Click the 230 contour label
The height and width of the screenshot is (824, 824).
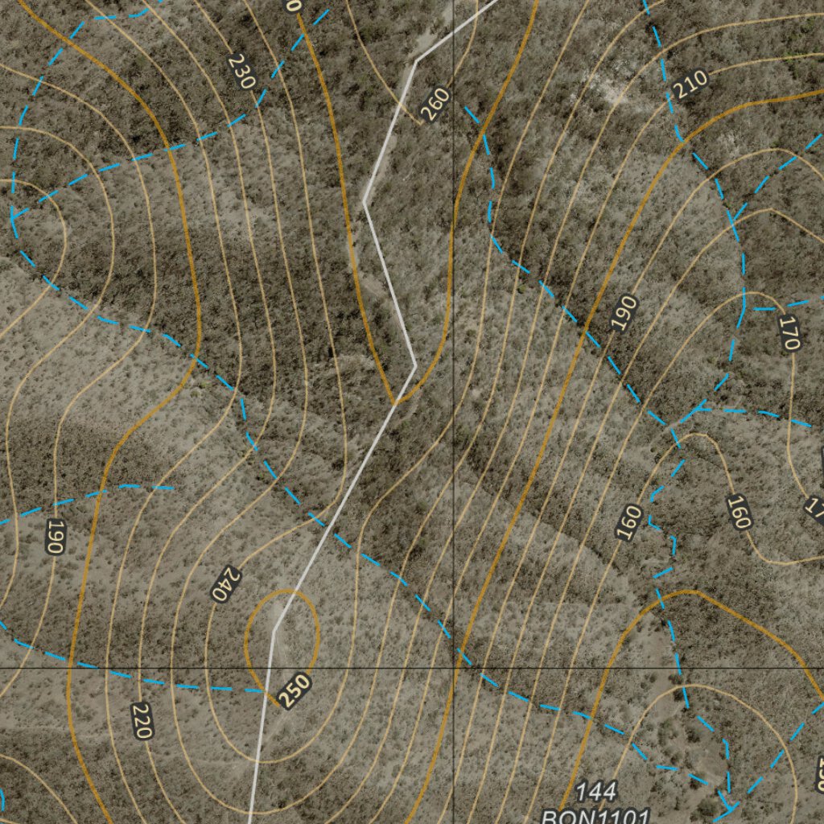click(241, 71)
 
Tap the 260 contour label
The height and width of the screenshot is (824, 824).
click(435, 105)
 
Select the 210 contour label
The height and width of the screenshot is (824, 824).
click(691, 84)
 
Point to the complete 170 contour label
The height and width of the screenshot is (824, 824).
click(789, 333)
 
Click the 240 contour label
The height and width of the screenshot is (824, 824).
click(226, 584)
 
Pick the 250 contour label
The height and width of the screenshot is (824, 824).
click(295, 690)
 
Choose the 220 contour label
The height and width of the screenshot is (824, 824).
click(142, 720)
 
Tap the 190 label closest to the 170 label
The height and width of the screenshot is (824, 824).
click(624, 313)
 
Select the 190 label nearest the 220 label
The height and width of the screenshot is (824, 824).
click(54, 536)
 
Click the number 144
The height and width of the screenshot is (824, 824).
click(596, 792)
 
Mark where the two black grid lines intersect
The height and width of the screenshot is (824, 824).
click(454, 668)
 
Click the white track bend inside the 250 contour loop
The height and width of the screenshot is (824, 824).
click(275, 628)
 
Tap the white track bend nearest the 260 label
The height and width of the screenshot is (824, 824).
click(416, 60)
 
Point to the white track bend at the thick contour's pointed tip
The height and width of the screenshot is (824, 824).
click(414, 366)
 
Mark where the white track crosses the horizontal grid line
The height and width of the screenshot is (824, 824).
click(266, 668)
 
